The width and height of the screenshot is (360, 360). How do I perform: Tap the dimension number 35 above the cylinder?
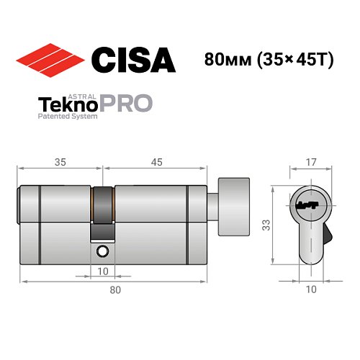60,162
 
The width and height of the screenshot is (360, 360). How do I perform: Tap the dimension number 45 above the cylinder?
155,162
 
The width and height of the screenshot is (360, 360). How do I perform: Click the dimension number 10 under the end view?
312,289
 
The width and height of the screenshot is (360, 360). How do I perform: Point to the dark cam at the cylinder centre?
104,209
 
